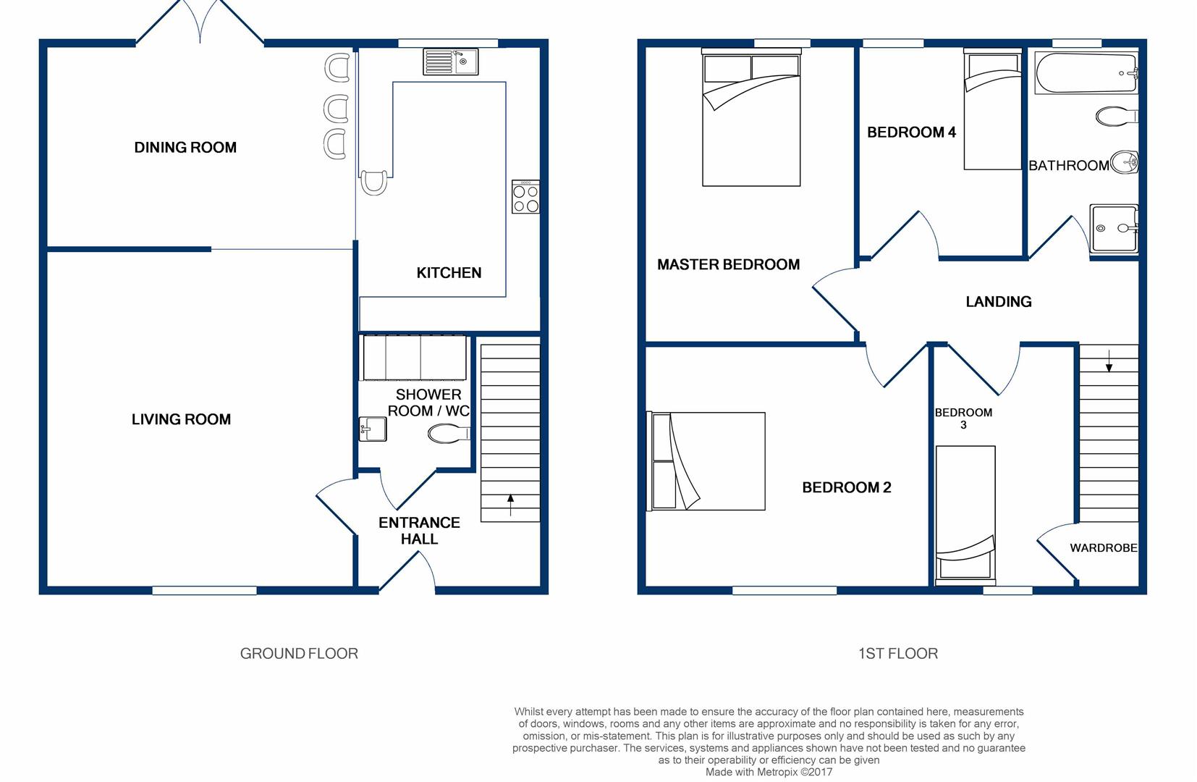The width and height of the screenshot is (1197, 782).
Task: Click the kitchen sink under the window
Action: click(x=450, y=62)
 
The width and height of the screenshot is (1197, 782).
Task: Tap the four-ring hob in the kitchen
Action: click(x=525, y=198)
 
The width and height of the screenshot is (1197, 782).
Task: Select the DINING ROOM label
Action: click(x=185, y=148)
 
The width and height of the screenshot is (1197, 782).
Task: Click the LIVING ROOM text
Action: click(x=181, y=419)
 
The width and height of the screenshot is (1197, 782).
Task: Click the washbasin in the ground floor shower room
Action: click(x=373, y=429)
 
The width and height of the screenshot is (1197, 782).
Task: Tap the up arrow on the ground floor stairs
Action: click(x=510, y=504)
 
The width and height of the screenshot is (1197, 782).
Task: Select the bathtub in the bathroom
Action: click(x=1085, y=72)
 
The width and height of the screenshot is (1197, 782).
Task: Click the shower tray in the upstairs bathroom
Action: click(x=1114, y=229)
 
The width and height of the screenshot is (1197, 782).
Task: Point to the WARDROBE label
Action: click(x=1103, y=548)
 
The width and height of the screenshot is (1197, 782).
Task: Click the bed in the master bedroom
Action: click(x=751, y=119)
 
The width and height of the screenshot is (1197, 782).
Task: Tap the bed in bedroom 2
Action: click(x=709, y=461)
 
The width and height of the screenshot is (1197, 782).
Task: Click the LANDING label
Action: click(x=998, y=302)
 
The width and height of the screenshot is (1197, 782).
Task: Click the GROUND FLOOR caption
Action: click(x=299, y=654)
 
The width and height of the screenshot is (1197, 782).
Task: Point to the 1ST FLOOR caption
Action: click(x=897, y=654)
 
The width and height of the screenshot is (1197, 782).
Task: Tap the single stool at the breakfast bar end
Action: click(x=373, y=182)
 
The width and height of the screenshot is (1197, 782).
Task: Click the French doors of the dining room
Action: click(x=200, y=22)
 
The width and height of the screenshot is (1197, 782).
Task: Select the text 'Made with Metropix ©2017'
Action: click(x=769, y=772)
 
